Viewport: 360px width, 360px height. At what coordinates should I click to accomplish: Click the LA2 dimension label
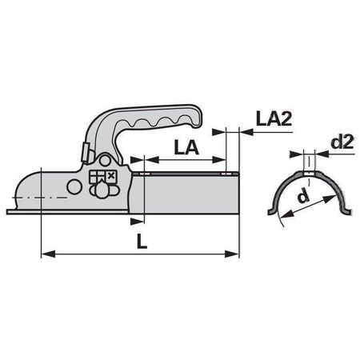click(274, 118)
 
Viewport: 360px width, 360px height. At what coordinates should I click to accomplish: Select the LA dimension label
click(186, 147)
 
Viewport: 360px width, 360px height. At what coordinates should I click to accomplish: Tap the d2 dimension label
click(342, 142)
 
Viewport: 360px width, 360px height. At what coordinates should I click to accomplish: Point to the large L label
click(142, 241)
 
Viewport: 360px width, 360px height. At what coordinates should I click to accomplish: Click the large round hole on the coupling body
click(74, 186)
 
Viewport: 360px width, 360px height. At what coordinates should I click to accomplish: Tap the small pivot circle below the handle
click(105, 161)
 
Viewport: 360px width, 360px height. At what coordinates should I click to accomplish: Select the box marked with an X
click(111, 176)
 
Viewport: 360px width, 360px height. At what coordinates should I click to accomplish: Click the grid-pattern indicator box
click(97, 177)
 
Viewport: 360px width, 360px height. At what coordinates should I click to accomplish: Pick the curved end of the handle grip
click(196, 117)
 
